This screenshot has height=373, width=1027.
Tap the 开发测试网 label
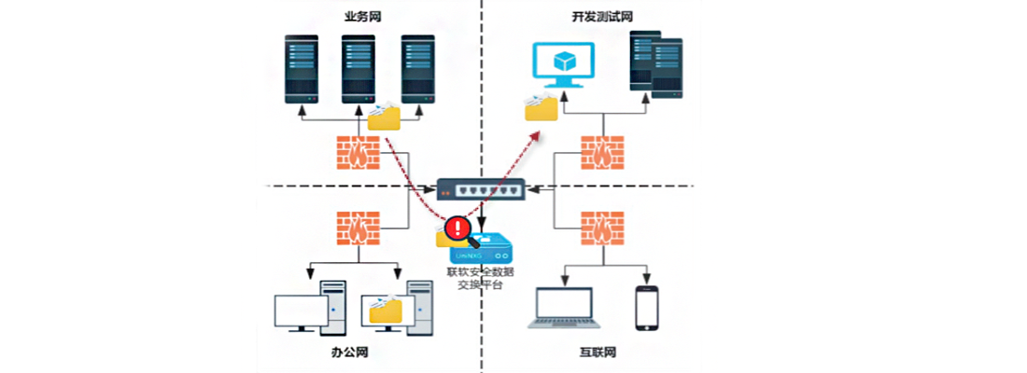602,16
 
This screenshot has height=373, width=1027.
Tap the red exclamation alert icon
456,227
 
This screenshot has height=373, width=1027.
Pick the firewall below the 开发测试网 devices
602,152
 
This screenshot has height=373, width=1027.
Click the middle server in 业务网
358,70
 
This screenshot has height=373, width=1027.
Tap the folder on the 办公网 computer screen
386,311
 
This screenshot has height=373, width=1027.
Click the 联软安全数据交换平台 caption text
481,278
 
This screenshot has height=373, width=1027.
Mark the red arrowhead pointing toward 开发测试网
536,135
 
